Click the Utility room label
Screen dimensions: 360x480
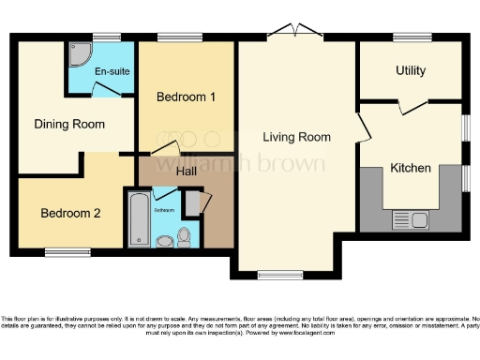[x=410, y=71]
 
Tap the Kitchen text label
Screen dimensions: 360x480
[x=411, y=169]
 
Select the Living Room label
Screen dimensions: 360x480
[x=296, y=138]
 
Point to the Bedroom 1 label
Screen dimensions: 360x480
[x=186, y=97]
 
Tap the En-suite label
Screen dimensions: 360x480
[x=111, y=71]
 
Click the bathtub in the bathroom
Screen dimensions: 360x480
[x=139, y=218]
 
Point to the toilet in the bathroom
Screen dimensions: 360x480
[x=185, y=236]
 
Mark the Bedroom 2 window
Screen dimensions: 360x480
[x=67, y=251]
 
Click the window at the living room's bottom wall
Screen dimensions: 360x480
[x=273, y=275]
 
